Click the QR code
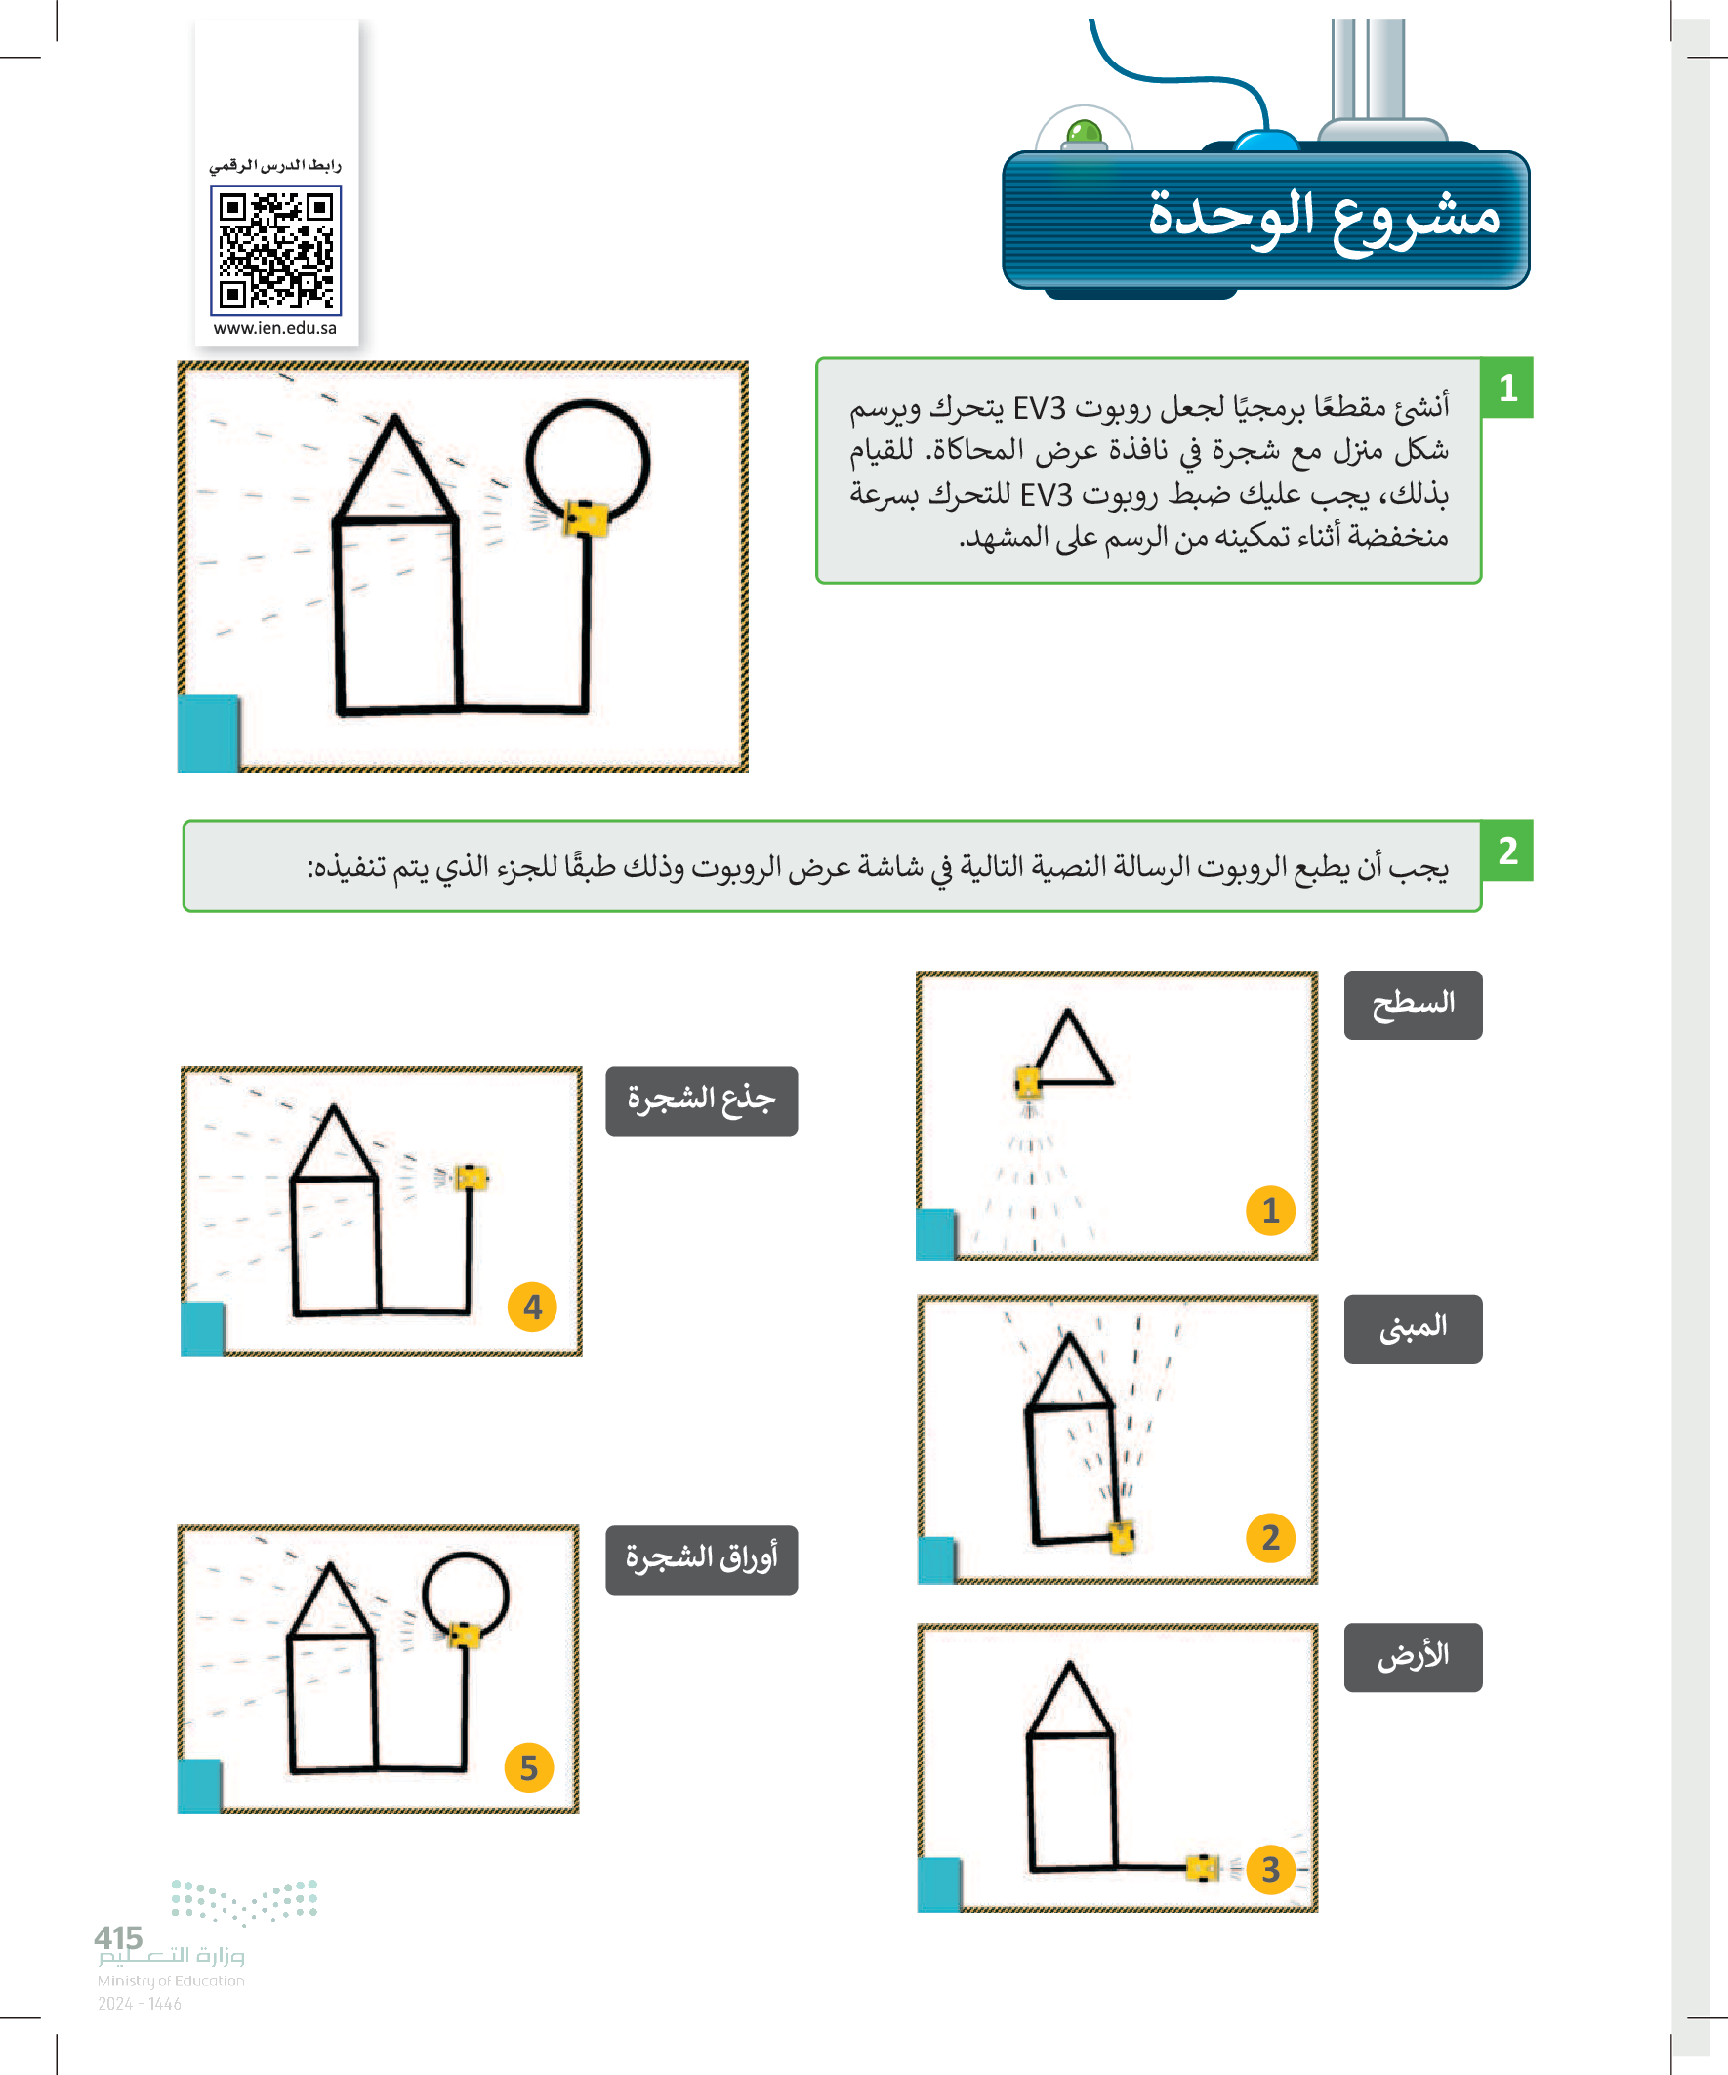(x=275, y=250)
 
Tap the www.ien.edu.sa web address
(x=274, y=328)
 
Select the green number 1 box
(x=1506, y=388)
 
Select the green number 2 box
(x=1506, y=850)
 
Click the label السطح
(x=1412, y=1004)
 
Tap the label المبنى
(x=1412, y=1328)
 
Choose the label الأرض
(x=1412, y=1656)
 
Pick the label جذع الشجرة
(x=701, y=1100)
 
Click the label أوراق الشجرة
(x=701, y=1558)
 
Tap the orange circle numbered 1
(x=1270, y=1211)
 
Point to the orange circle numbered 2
(x=1270, y=1537)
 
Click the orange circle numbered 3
(x=1270, y=1869)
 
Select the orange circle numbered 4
(x=532, y=1307)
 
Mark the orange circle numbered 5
(x=528, y=1766)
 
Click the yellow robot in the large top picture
(x=586, y=518)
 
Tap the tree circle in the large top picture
(x=588, y=461)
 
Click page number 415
(x=118, y=1937)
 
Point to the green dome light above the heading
(x=1084, y=133)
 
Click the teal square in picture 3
(x=938, y=1885)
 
